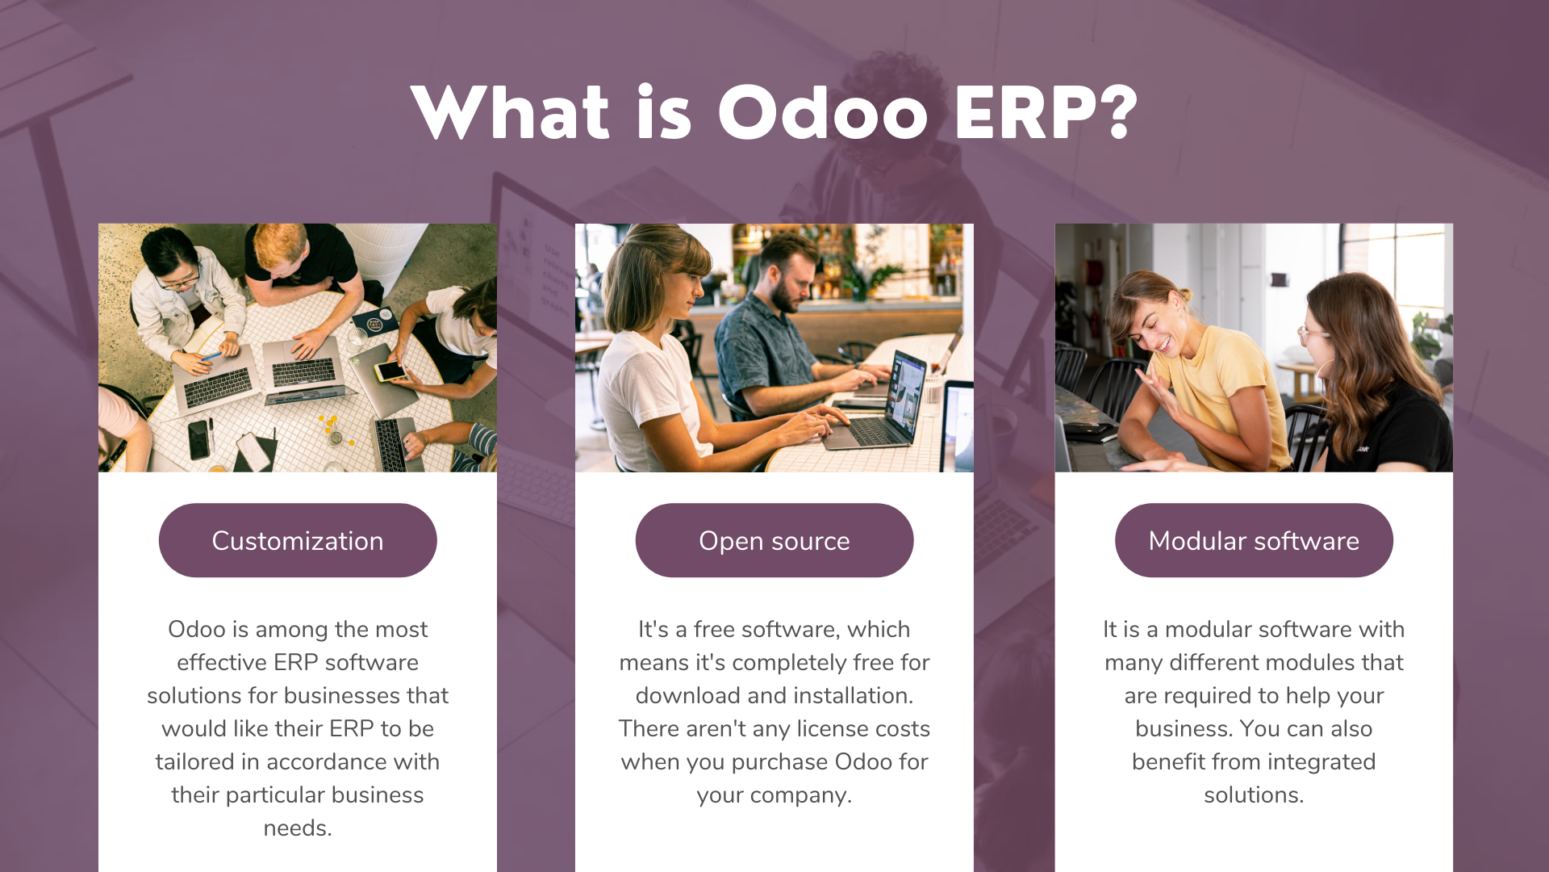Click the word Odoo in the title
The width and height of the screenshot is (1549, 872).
tap(823, 113)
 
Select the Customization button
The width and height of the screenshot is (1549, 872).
tap(298, 540)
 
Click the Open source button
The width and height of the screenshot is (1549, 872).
tap(774, 540)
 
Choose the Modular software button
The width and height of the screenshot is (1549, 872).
tap(1254, 540)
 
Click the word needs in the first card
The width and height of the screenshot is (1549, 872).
tap(297, 828)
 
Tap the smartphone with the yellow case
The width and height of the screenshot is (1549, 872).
tap(390, 371)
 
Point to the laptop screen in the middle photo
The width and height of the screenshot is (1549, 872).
tap(905, 389)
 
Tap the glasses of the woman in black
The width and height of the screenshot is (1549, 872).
tap(1313, 333)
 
